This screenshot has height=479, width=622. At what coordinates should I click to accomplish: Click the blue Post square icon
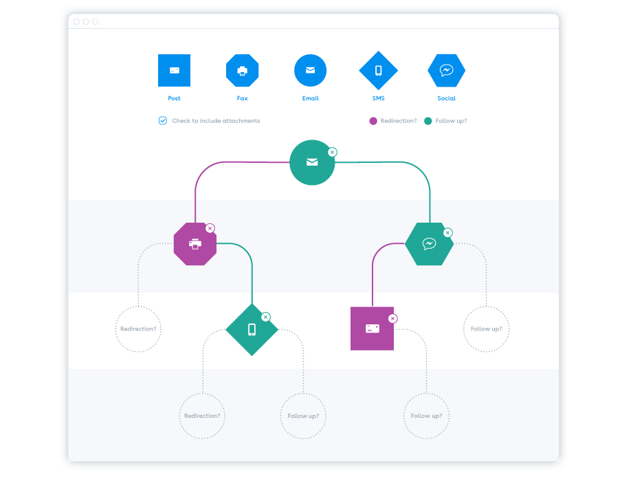174,70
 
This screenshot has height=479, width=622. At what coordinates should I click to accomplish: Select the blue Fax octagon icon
242,70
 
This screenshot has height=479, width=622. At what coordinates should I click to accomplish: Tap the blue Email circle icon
310,70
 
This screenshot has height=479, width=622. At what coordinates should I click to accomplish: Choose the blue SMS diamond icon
378,70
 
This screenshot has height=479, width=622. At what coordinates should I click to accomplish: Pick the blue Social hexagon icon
446,70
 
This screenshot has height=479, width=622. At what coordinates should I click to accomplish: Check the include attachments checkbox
163,120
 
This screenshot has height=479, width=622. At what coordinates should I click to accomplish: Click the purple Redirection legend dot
373,121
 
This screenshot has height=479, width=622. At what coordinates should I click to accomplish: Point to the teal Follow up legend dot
428,121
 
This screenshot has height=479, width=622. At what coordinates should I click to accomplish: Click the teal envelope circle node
312,162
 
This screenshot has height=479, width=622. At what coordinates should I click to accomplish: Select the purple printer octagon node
195,243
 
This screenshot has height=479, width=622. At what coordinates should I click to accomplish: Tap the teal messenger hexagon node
429,243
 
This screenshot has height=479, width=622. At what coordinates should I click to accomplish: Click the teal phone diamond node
252,330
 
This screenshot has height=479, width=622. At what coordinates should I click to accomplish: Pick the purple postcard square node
372,328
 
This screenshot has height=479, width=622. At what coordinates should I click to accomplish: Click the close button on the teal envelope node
332,152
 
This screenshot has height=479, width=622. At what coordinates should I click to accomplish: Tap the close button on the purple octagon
210,228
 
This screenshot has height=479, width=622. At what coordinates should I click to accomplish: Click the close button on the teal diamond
266,317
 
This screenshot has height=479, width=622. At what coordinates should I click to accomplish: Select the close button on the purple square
392,318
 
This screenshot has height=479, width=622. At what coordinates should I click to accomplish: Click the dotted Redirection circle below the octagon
138,329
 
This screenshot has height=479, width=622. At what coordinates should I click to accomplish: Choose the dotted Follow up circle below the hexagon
486,329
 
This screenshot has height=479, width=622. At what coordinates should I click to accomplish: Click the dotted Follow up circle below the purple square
426,416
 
